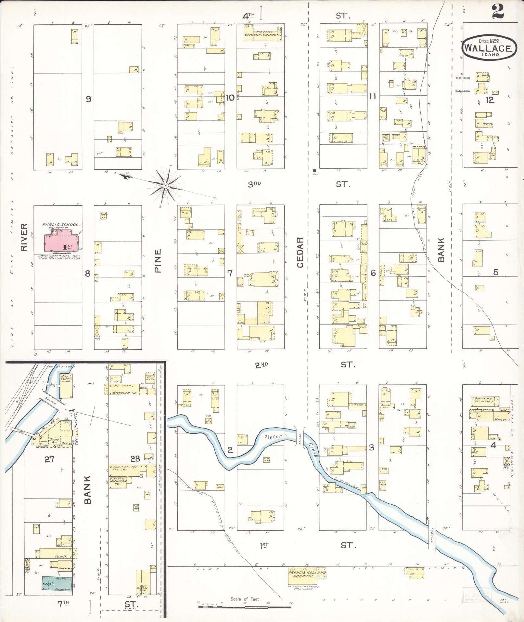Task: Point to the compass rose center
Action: point(165,185)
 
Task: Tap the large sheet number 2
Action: point(497,12)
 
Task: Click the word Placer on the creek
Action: point(272,437)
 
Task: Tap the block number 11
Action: point(372,96)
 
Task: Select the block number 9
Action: point(88,99)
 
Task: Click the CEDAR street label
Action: point(300,252)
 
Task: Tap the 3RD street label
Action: point(255,184)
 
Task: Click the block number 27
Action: point(49,459)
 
